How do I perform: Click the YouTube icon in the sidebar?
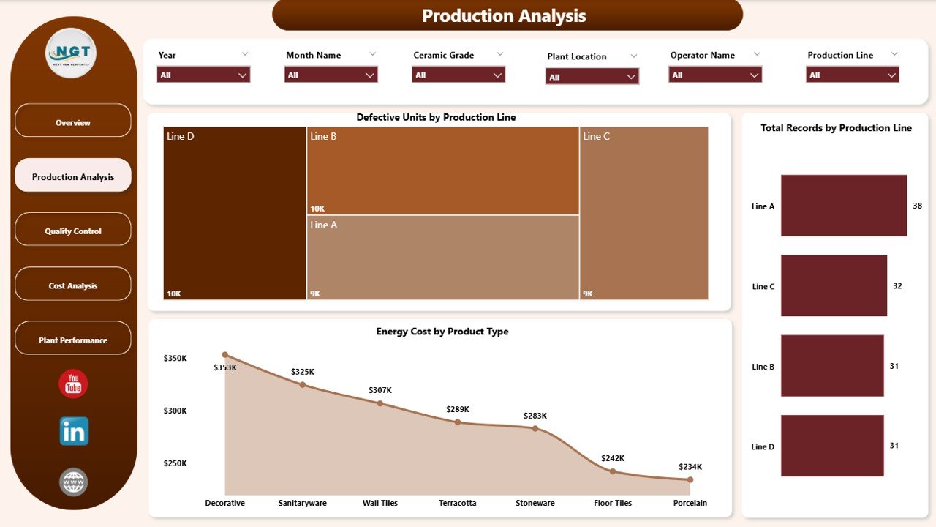click(x=73, y=384)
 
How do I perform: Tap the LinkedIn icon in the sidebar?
click(x=74, y=431)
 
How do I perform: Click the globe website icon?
click(x=73, y=482)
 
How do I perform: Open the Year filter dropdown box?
click(x=203, y=75)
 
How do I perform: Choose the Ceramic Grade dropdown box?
click(x=458, y=75)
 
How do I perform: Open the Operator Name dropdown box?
click(x=714, y=75)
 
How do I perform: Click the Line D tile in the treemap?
click(x=235, y=213)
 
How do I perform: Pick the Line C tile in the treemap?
click(x=643, y=213)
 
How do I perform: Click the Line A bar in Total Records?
click(x=843, y=206)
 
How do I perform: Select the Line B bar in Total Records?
click(x=832, y=366)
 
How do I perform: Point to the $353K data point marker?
click(x=225, y=355)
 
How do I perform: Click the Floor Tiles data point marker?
click(x=613, y=471)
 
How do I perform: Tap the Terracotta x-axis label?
click(x=458, y=503)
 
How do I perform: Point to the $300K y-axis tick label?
click(x=175, y=411)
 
